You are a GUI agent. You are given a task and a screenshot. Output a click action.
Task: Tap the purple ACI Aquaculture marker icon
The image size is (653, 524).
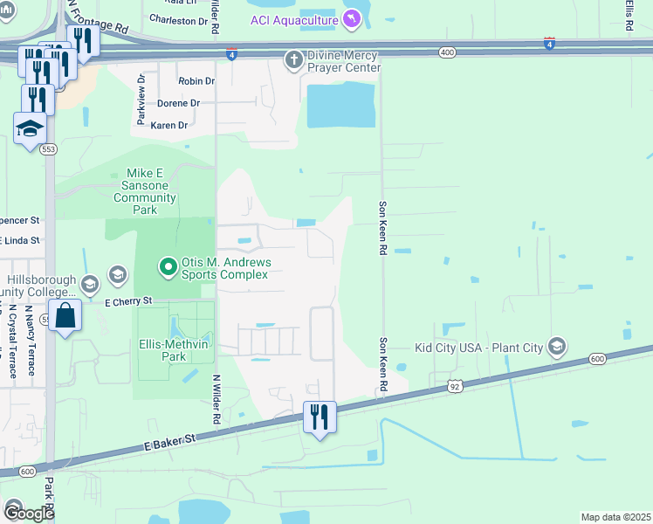[351, 17]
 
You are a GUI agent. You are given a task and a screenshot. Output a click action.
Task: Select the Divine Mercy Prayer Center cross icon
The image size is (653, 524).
[294, 59]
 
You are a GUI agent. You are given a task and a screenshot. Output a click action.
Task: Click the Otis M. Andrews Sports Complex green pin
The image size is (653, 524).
[166, 264]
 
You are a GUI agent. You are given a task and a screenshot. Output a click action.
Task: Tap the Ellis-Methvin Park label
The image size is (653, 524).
[175, 349]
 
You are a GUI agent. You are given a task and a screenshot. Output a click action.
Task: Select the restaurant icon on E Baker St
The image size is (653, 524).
[320, 417]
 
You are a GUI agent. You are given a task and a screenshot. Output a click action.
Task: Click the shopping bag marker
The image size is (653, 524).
[65, 315]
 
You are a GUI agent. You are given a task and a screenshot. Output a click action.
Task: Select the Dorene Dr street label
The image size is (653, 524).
[178, 103]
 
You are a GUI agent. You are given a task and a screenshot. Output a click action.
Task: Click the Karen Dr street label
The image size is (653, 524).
[168, 126]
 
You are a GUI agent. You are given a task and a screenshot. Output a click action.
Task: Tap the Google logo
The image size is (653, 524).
[28, 513]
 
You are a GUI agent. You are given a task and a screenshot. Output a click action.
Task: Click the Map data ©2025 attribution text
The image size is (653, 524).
[615, 517]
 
